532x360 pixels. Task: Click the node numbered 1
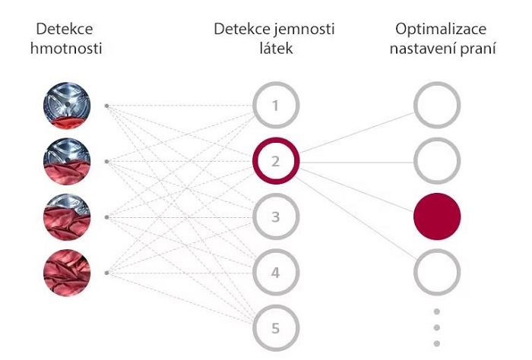(x=275, y=104)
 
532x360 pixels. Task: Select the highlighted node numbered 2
(x=275, y=160)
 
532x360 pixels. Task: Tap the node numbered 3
(x=275, y=216)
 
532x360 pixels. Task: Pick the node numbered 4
(x=275, y=272)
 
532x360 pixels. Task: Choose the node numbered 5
(x=275, y=328)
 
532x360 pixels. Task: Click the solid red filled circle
(x=437, y=216)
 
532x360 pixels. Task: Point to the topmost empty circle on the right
(x=437, y=104)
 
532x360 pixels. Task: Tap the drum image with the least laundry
(x=67, y=106)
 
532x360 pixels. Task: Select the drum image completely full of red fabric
(x=67, y=272)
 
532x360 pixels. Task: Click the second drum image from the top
(x=67, y=161)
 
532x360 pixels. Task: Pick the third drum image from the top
(x=67, y=216)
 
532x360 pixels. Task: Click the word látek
(x=275, y=49)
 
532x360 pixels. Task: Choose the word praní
(x=479, y=49)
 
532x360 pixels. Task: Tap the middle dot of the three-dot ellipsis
(x=437, y=327)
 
